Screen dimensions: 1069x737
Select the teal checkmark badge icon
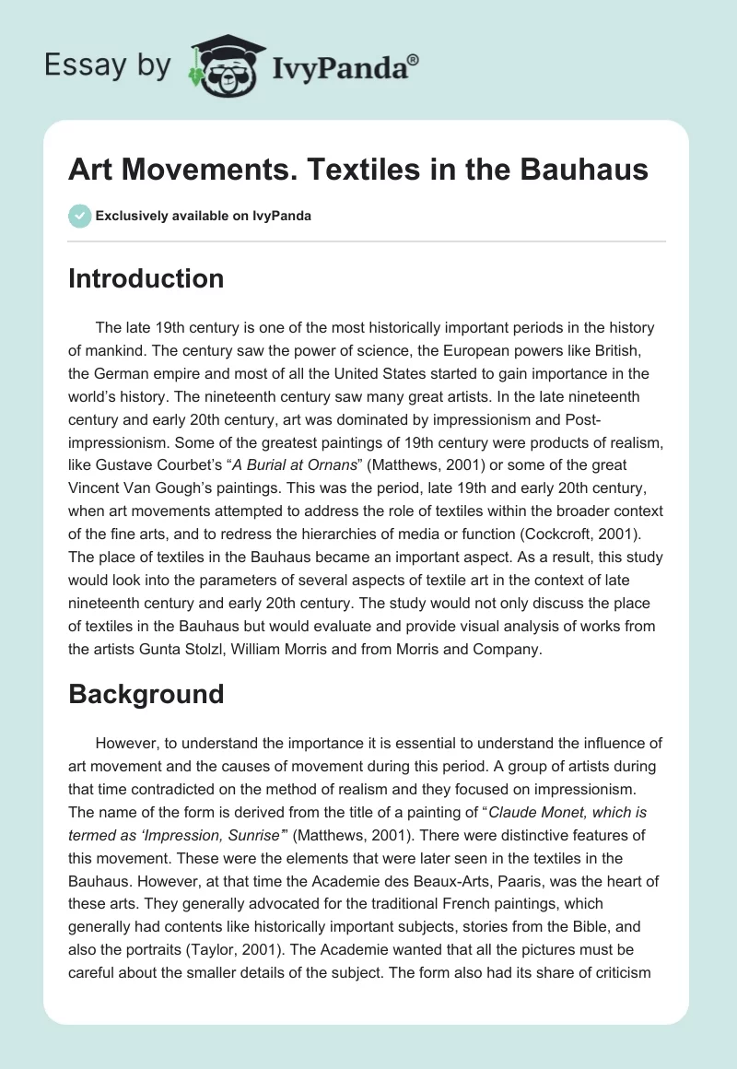pyautogui.click(x=79, y=216)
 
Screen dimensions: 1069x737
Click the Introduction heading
pyautogui.click(x=146, y=278)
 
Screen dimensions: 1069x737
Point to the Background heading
pyautogui.click(x=146, y=693)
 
